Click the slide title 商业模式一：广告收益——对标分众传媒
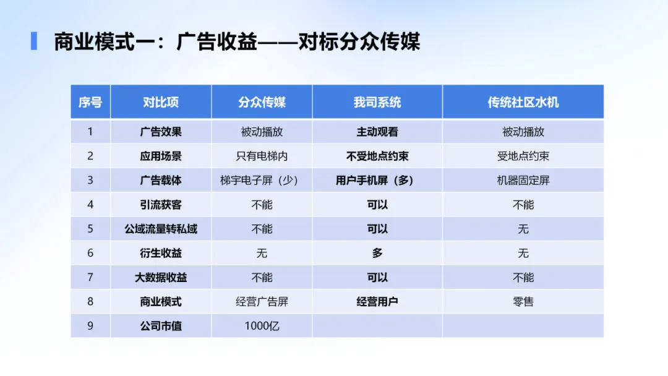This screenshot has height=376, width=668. [x=237, y=41]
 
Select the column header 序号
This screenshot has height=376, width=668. [x=90, y=102]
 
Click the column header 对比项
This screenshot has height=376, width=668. [x=161, y=102]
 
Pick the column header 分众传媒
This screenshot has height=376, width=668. [x=262, y=102]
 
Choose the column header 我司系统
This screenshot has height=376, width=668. [x=377, y=102]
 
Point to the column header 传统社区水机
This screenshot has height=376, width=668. [x=523, y=102]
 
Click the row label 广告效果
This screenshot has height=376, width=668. [x=161, y=132]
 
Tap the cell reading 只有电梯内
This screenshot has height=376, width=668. [x=262, y=156]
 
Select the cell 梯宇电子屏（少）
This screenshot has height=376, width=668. [x=262, y=181]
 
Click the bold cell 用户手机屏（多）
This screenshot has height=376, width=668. [x=377, y=181]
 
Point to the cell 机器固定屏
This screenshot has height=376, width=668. [x=523, y=181]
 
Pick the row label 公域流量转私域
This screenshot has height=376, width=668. [x=161, y=229]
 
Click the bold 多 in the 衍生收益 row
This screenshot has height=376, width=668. [x=377, y=253]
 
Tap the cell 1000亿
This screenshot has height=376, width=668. [x=262, y=325]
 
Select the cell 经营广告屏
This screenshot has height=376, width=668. [x=262, y=302]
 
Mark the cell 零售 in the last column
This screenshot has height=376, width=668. [x=523, y=302]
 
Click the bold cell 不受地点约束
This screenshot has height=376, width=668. [x=377, y=156]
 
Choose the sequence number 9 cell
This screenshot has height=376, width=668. [x=90, y=325]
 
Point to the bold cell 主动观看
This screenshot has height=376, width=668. [x=377, y=132]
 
